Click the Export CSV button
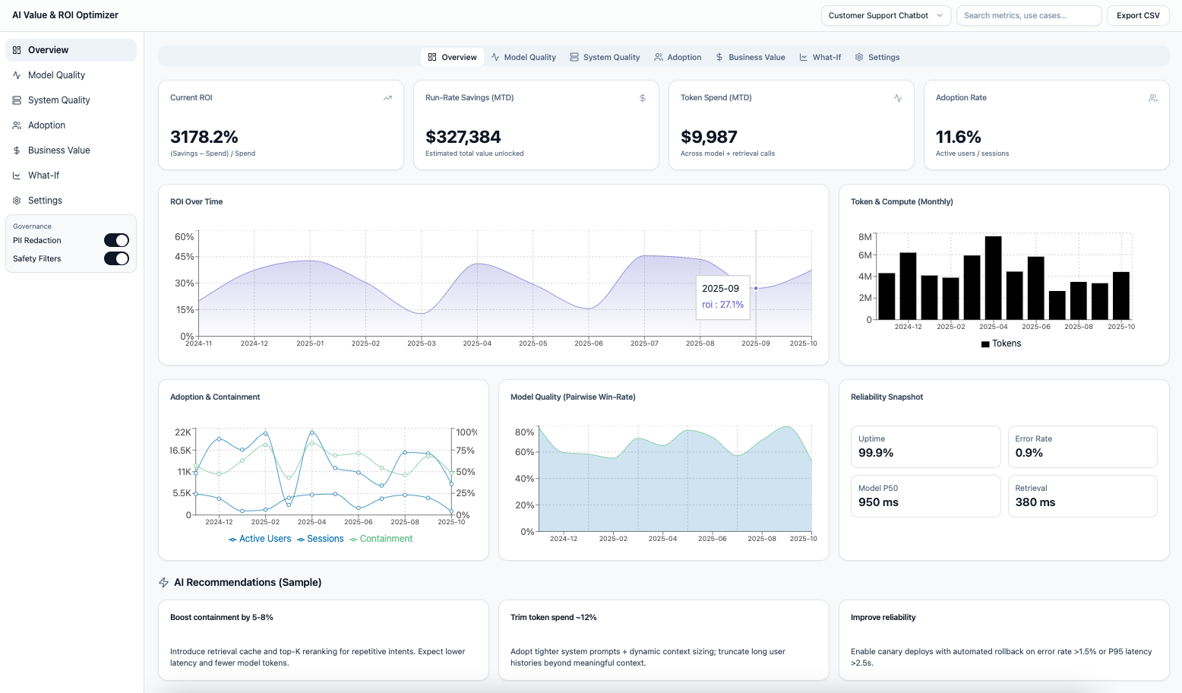1137,15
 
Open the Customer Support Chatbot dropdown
885,15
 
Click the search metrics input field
1028,15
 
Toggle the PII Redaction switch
116,240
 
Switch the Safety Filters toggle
116,258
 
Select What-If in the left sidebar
43,176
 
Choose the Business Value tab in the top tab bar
750,57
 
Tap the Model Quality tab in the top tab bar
523,57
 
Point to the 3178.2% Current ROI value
204,137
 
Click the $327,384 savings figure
463,137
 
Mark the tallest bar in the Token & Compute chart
993,277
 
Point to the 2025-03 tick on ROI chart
422,343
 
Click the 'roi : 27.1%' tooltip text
722,305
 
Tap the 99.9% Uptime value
876,453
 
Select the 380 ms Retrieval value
1035,502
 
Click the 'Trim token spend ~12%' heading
553,617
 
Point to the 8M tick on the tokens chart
864,237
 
